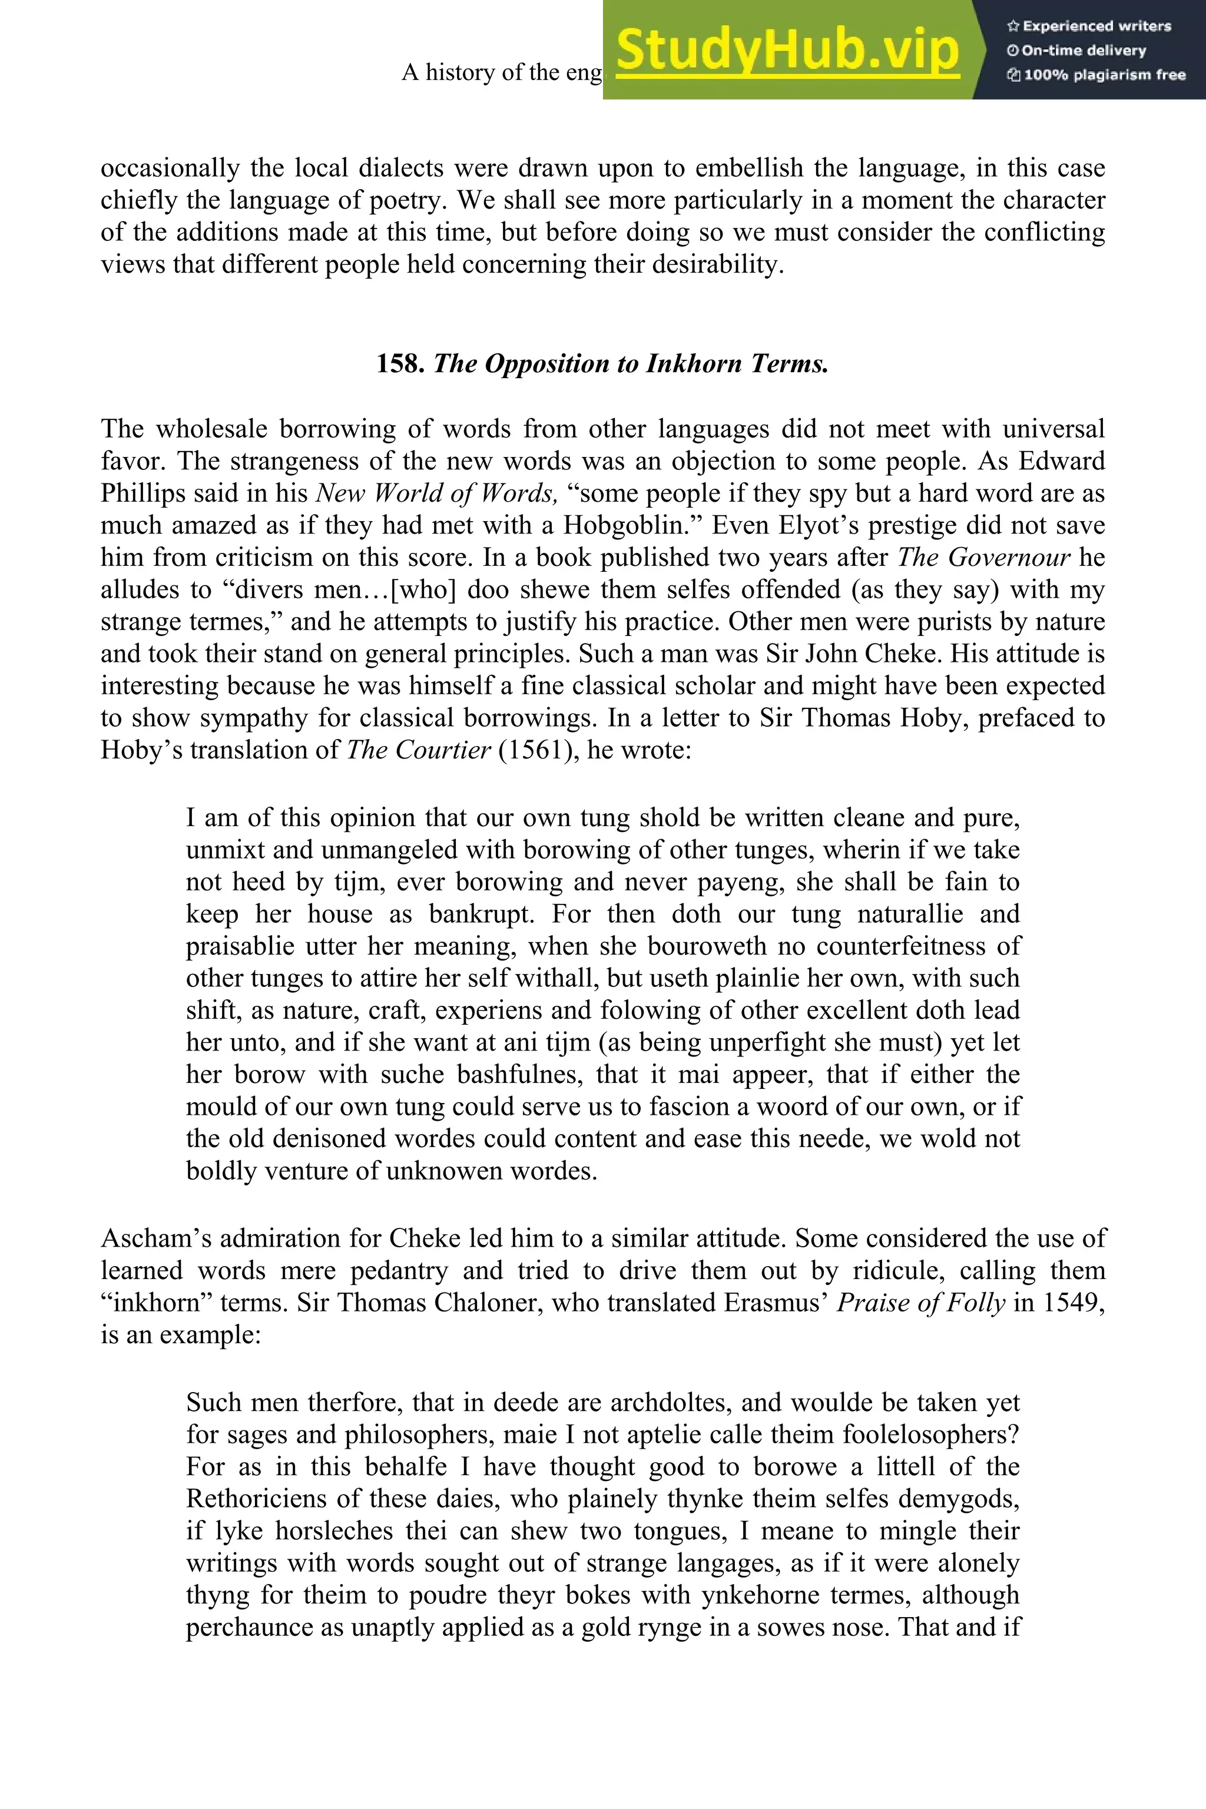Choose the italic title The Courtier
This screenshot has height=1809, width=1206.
[419, 750]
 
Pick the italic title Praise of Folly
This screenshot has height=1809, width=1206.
[920, 1303]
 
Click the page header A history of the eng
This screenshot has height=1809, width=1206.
[502, 72]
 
